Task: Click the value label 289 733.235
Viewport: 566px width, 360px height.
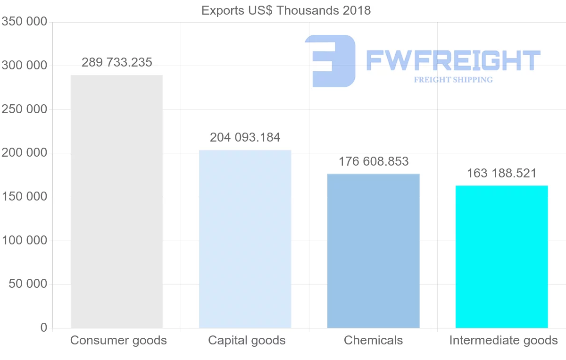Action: click(x=117, y=62)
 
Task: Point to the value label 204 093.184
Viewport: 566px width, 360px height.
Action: click(x=245, y=137)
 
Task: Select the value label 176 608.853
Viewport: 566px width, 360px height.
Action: click(x=374, y=161)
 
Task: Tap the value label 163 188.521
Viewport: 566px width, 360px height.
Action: click(x=502, y=173)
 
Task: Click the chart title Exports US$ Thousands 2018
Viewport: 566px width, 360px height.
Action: click(x=286, y=10)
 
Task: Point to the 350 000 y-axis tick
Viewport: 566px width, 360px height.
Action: click(x=24, y=22)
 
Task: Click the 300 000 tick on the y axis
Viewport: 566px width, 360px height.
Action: click(x=24, y=66)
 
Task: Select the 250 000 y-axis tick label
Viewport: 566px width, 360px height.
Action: click(x=24, y=109)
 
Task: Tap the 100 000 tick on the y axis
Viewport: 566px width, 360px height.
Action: click(x=24, y=240)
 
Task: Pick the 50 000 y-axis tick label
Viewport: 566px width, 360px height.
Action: click(x=28, y=284)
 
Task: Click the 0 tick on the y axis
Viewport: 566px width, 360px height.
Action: click(x=44, y=327)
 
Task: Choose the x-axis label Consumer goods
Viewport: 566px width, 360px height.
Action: click(x=118, y=340)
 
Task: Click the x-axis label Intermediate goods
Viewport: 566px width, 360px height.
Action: click(x=503, y=340)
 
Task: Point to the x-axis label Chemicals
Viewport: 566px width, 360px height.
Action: click(x=373, y=340)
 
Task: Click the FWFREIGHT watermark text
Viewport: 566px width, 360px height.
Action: click(x=453, y=60)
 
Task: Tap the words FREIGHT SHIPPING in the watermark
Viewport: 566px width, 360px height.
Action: click(x=453, y=80)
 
